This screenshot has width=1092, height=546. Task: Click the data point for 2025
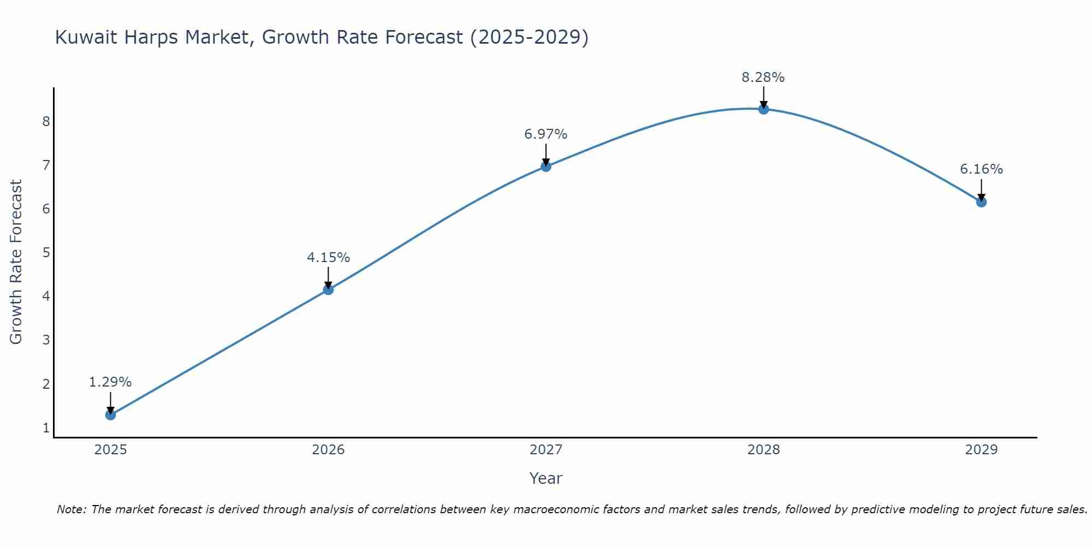click(x=110, y=415)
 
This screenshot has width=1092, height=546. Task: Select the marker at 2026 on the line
click(x=328, y=289)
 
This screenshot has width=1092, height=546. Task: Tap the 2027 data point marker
click(x=546, y=167)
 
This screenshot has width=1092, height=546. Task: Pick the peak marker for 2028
click(x=763, y=109)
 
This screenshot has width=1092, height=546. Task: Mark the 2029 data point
click(x=981, y=202)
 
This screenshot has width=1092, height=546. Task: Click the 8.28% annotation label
click(x=763, y=78)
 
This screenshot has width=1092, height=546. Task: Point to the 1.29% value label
click(x=110, y=382)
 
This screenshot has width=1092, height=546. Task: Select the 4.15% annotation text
click(x=328, y=257)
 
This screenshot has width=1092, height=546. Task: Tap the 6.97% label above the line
click(x=546, y=134)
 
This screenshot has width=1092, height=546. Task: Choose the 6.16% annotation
click(x=981, y=169)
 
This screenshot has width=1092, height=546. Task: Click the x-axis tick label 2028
click(x=763, y=450)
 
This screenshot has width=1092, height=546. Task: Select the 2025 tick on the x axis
click(x=110, y=450)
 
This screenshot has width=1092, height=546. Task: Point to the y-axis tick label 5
click(x=46, y=252)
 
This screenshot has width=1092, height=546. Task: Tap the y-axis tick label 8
click(x=46, y=121)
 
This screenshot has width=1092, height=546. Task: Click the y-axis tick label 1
click(x=46, y=428)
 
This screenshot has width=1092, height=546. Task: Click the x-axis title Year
click(x=545, y=478)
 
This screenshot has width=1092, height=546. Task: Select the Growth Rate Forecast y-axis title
click(x=16, y=262)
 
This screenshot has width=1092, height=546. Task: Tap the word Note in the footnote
click(x=71, y=509)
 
